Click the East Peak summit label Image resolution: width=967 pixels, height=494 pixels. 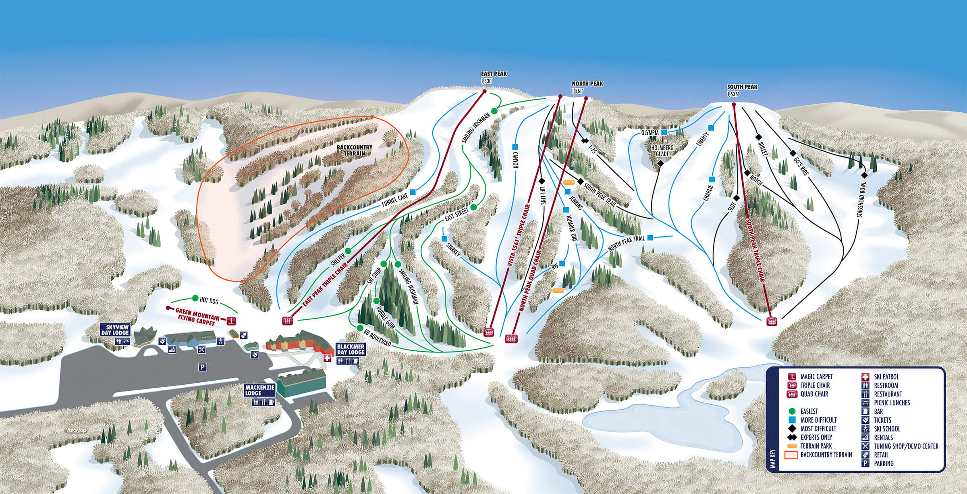coord(493,77)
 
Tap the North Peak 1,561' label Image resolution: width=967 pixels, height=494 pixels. coord(587,87)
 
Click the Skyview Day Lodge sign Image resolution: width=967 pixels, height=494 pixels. coord(115,330)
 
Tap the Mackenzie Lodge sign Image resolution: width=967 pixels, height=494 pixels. coord(259,390)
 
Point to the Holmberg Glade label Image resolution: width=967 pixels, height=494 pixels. coord(662,151)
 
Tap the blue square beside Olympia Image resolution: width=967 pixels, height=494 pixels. coord(664,132)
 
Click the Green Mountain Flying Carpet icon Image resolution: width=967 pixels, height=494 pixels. coord(231,321)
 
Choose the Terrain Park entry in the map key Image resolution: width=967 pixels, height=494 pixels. coord(792,446)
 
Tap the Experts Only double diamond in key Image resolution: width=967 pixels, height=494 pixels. coord(792,437)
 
